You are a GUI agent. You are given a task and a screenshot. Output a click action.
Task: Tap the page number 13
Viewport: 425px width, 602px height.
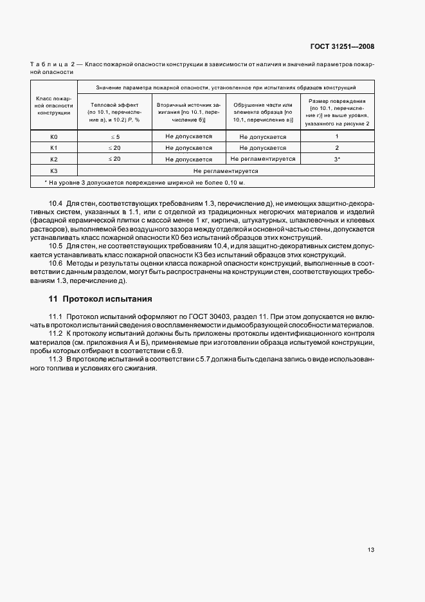pyautogui.click(x=371, y=550)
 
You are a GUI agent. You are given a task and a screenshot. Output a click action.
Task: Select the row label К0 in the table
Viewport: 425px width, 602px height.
pyautogui.click(x=54, y=137)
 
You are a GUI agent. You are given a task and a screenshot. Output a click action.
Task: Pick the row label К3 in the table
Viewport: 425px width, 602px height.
pyautogui.click(x=54, y=172)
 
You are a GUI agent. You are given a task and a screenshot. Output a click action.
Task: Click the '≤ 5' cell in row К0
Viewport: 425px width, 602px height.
pyautogui.click(x=114, y=137)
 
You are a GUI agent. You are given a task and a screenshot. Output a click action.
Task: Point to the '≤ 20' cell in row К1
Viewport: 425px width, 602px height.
pyautogui.click(x=114, y=148)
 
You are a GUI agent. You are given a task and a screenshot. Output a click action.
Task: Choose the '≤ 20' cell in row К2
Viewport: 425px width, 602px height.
pyautogui.click(x=114, y=159)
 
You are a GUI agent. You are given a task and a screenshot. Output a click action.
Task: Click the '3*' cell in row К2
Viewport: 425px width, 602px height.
pyautogui.click(x=337, y=159)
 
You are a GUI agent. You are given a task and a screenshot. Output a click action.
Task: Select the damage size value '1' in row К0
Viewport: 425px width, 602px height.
pyautogui.click(x=337, y=137)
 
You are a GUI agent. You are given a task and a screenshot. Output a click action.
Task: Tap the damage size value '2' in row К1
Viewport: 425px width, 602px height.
pyautogui.click(x=337, y=148)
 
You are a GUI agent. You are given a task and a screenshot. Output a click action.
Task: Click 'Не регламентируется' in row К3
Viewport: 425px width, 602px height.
pyautogui.click(x=226, y=172)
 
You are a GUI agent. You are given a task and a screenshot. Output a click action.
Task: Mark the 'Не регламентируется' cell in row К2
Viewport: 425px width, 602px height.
pyautogui.click(x=262, y=159)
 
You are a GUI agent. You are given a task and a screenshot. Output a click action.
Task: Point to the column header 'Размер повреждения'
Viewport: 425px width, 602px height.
pyautogui.click(x=337, y=101)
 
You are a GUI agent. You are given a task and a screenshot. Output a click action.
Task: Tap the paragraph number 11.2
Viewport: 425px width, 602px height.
pyautogui.click(x=57, y=334)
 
